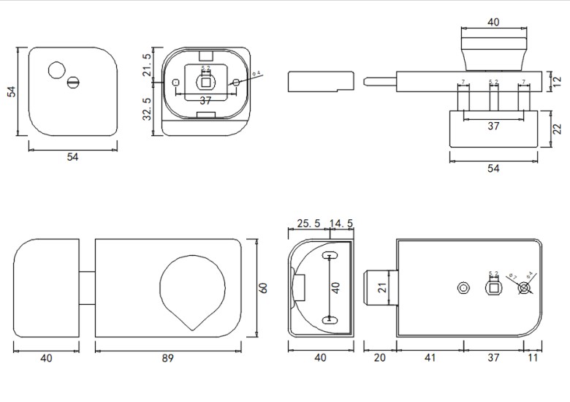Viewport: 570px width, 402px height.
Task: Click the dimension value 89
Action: pyautogui.click(x=168, y=358)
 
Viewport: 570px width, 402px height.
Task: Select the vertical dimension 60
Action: pyautogui.click(x=264, y=287)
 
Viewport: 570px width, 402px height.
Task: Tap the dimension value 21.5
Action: pyautogui.click(x=148, y=65)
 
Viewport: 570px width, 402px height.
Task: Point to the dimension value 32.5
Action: pyautogui.click(x=148, y=109)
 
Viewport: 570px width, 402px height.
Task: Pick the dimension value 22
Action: pyautogui.click(x=558, y=129)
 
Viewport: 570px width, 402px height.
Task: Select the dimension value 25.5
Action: pyautogui.click(x=306, y=224)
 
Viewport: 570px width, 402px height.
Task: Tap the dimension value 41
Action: pyautogui.click(x=430, y=358)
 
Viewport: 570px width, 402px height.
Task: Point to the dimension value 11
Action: pyautogui.click(x=532, y=358)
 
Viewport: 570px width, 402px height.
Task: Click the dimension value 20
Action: pyautogui.click(x=380, y=358)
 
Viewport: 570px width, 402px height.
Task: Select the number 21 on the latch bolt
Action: pyautogui.click(x=381, y=288)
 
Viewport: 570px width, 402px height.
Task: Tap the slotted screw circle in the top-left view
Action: pyautogui.click(x=73, y=83)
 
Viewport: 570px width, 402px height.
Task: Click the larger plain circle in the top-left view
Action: pyautogui.click(x=56, y=70)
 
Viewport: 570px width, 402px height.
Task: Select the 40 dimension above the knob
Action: pyautogui.click(x=493, y=23)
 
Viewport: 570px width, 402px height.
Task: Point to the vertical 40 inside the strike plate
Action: pyautogui.click(x=336, y=287)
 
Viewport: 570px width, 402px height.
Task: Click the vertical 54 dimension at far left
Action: pyautogui.click(x=11, y=91)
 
